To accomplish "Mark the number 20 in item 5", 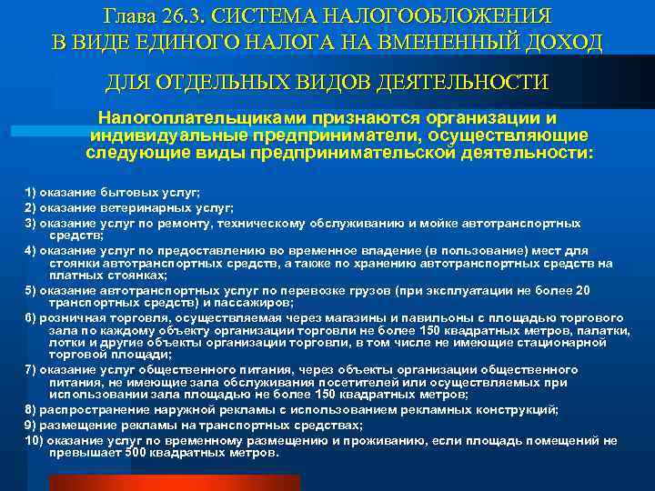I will tap(583, 289).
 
